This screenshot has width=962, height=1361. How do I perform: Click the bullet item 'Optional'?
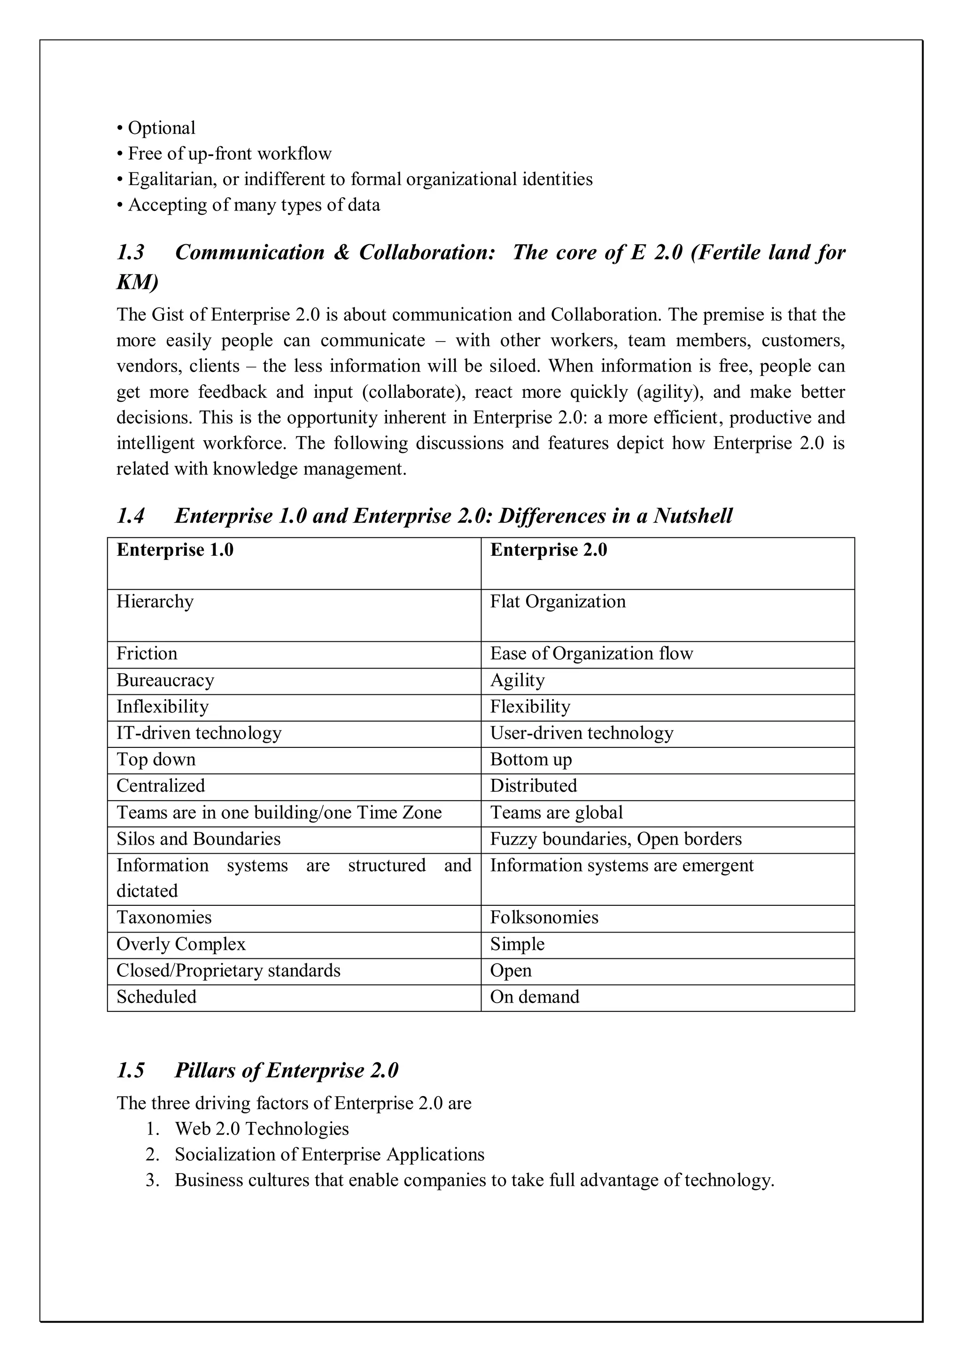[161, 128]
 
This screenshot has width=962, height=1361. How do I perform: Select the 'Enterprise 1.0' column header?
[175, 550]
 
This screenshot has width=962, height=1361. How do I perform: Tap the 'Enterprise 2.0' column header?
[548, 550]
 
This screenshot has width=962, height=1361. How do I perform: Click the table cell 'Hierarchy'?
[155, 602]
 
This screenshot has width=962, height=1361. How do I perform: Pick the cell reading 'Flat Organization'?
[557, 602]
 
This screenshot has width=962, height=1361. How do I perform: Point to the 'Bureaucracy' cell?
[165, 680]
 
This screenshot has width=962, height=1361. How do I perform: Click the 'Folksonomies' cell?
[543, 917]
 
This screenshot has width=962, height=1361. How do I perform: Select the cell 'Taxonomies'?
[163, 917]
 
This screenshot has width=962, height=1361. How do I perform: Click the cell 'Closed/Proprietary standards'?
[228, 971]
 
